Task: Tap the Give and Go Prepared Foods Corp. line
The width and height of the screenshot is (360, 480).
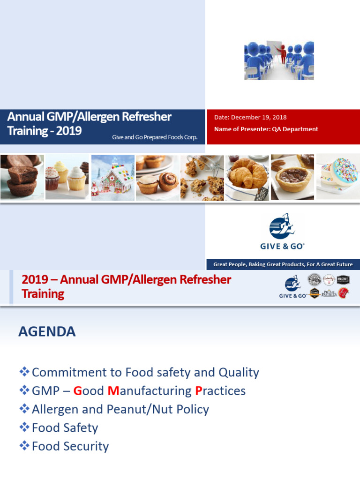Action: [x=155, y=137]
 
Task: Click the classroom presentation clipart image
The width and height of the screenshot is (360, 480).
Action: [x=279, y=60]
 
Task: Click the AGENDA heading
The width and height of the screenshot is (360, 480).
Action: [x=47, y=332]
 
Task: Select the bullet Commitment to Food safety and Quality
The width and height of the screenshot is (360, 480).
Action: [x=145, y=373]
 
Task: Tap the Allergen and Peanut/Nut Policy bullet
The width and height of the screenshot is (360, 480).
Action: [x=120, y=409]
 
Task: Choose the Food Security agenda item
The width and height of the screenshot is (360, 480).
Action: [x=70, y=446]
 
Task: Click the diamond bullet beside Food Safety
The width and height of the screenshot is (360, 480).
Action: [x=24, y=427]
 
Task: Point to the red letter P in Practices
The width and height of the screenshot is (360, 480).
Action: [x=199, y=391]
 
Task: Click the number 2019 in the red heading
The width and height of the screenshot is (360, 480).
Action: [x=35, y=280]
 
